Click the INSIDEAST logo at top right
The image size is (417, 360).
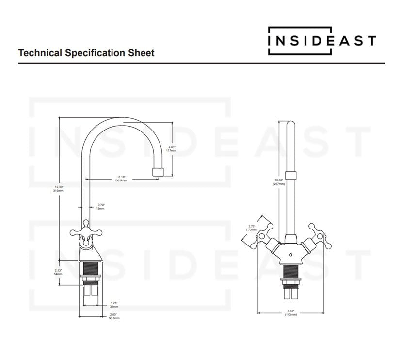coord(322,40)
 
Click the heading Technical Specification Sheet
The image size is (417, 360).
coord(86,53)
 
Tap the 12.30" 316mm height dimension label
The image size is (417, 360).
coord(59,189)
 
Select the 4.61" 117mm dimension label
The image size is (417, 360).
coord(171,148)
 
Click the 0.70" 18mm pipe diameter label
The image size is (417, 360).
coord(100,206)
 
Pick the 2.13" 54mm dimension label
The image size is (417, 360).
coord(58,273)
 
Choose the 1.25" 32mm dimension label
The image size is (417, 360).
coord(113,305)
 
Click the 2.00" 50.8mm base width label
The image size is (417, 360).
coord(114,316)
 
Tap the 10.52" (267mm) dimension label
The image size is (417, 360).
coord(278,182)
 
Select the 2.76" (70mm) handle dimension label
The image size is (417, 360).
coord(252,228)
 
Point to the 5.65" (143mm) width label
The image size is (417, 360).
coord(290,313)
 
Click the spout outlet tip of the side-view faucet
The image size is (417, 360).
coord(157,172)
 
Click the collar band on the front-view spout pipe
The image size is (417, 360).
coord(290,176)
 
